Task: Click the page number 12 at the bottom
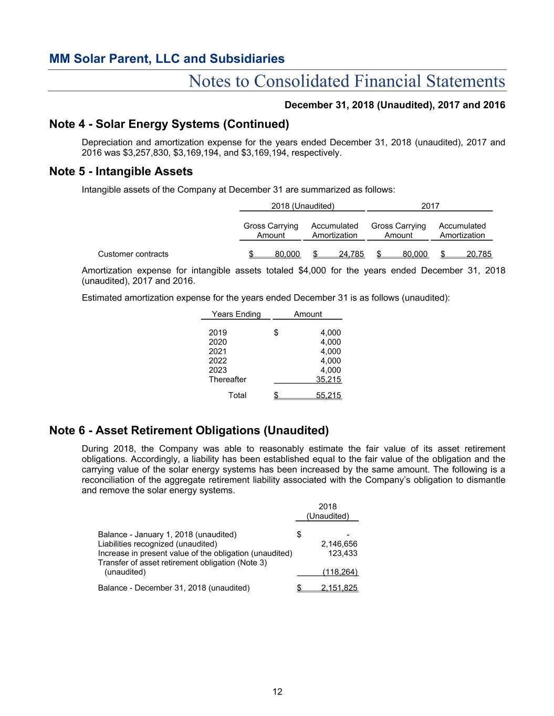(x=277, y=691)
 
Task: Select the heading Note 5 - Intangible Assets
(x=121, y=172)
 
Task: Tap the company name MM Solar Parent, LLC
(x=166, y=58)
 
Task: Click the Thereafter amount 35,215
(x=328, y=379)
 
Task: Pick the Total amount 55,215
(x=328, y=395)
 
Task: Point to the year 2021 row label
(x=218, y=351)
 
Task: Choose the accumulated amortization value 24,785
(x=351, y=254)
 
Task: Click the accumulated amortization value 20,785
(x=479, y=254)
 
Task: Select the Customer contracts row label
(x=133, y=254)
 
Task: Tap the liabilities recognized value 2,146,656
(x=339, y=543)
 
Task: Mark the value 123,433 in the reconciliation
(x=342, y=553)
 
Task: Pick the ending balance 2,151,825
(x=339, y=587)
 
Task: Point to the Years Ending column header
(x=236, y=314)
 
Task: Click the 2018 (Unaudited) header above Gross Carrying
(x=302, y=206)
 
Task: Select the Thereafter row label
(x=227, y=379)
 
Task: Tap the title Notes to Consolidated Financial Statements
(x=347, y=81)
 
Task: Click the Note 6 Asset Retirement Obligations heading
(x=189, y=430)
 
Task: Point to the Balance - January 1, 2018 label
(x=167, y=535)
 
